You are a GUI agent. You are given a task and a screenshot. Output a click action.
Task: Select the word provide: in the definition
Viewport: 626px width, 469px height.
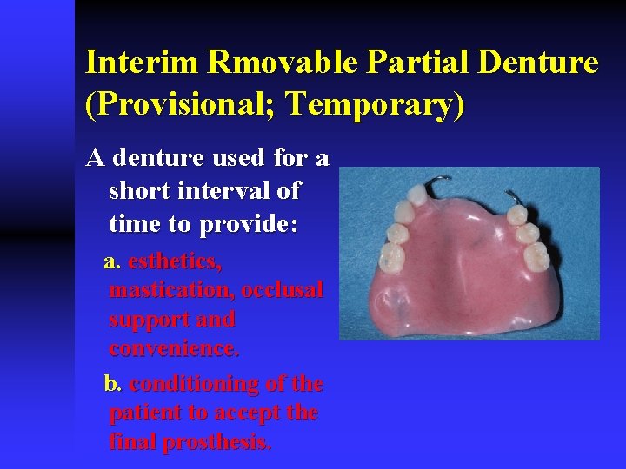[248, 223]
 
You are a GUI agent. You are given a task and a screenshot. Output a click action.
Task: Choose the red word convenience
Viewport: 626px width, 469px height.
[174, 348]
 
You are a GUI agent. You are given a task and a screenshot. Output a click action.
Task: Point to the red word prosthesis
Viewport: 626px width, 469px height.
[218, 442]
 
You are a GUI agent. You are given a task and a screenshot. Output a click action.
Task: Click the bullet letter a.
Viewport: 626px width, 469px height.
[110, 261]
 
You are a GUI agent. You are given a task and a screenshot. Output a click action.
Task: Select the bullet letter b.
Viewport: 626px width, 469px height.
[111, 384]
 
